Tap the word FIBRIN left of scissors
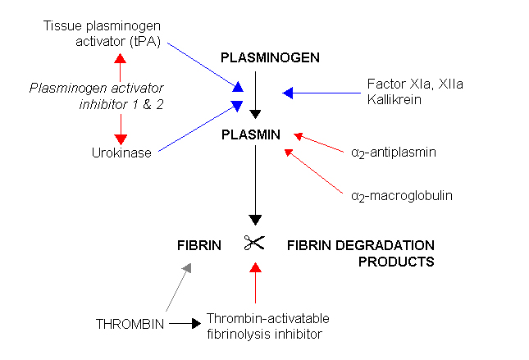tap(199, 245)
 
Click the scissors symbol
tap(254, 243)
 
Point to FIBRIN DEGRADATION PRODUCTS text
tap(360, 253)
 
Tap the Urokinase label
tap(121, 152)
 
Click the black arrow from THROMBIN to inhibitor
tap(184, 324)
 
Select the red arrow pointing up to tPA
tap(121, 66)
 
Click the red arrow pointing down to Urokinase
tap(121, 127)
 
